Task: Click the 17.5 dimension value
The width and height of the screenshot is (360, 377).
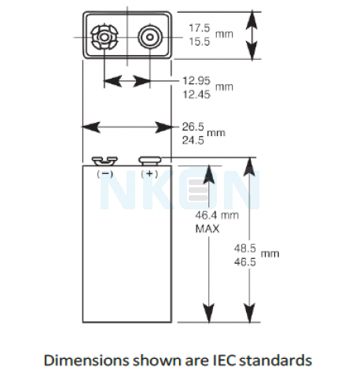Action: point(200,28)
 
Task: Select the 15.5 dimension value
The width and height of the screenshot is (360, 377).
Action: point(200,42)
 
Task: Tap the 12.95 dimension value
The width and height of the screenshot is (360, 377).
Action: point(197,80)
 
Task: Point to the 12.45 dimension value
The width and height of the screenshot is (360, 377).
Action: point(197,94)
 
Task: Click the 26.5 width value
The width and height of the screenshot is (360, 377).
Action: point(193,127)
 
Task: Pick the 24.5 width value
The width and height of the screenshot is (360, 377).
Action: point(193,141)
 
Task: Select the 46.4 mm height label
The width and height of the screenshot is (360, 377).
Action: point(217,216)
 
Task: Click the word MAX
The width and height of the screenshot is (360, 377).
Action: point(208,229)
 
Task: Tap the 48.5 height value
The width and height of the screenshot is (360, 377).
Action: point(244,248)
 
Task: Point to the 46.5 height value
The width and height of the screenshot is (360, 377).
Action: point(244,262)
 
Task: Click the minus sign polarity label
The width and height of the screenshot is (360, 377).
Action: point(105,174)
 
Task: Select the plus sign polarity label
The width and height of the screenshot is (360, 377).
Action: point(149,174)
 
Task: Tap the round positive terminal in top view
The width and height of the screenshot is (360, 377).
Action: point(150,37)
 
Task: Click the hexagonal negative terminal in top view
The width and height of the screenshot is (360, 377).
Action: point(105,37)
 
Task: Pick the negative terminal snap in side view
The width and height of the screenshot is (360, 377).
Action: point(105,161)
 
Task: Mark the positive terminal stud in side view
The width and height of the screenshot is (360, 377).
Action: point(149,161)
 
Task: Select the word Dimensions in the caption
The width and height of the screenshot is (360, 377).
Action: point(86,360)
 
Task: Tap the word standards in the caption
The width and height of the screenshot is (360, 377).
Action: point(276,360)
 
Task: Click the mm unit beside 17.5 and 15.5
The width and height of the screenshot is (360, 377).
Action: point(224,35)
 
